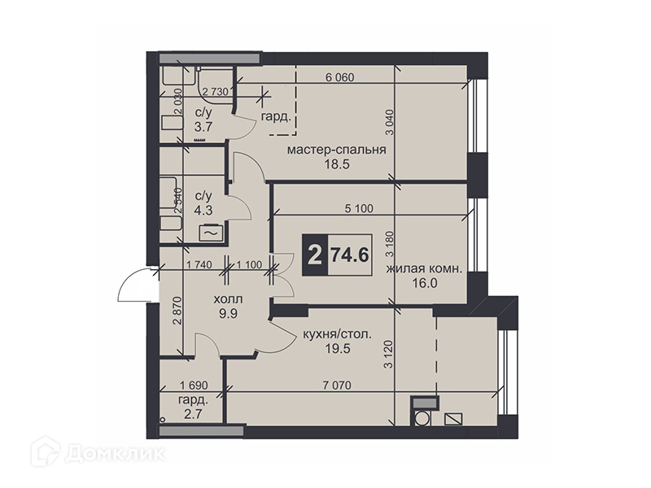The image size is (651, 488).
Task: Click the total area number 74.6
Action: (349, 255)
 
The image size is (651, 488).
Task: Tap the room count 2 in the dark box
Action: (316, 255)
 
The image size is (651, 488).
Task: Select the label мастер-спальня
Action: (337, 150)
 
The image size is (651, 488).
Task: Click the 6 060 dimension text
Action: (339, 77)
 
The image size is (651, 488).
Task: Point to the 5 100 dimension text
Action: (359, 208)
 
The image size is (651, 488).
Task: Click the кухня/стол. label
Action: (338, 333)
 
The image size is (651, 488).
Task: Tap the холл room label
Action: (228, 299)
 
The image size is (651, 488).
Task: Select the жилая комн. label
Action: (424, 269)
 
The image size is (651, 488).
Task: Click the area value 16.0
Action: (425, 283)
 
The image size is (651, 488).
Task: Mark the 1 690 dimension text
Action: (194, 386)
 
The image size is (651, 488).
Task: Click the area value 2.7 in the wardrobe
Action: (194, 414)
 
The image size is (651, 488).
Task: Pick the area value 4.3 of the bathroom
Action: (203, 210)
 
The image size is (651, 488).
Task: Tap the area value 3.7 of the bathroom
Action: (203, 127)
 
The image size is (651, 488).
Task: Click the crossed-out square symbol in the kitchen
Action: (454, 419)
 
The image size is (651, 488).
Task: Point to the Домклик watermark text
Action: (115, 454)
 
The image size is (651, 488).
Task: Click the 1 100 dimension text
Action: (249, 264)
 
